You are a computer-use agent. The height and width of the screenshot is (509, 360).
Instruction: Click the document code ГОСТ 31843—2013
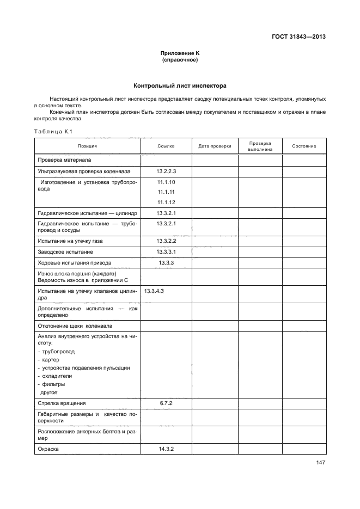click(x=302, y=38)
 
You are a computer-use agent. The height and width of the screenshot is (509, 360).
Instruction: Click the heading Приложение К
click(x=180, y=53)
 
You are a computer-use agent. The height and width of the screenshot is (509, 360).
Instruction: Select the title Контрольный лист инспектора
click(x=180, y=86)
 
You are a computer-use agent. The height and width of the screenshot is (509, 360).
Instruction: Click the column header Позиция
click(x=87, y=146)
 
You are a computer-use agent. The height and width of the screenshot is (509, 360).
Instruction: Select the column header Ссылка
click(x=166, y=146)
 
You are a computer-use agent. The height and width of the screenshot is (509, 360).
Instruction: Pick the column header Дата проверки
click(x=215, y=146)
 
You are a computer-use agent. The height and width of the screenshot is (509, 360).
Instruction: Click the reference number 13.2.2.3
click(x=166, y=171)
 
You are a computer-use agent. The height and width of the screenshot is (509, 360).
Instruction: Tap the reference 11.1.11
click(x=166, y=192)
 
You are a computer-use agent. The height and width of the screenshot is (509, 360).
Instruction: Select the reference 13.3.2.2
click(x=166, y=241)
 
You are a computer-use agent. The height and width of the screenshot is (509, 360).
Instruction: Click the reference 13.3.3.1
click(x=166, y=252)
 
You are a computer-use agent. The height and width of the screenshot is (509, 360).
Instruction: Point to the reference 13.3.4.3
click(x=154, y=292)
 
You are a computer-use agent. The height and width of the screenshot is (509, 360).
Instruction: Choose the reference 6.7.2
click(x=166, y=403)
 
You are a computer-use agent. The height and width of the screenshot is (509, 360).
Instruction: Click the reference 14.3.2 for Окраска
click(x=166, y=449)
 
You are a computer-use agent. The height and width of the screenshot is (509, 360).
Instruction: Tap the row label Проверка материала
click(x=64, y=160)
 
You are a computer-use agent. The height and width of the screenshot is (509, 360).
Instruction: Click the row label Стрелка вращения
click(x=62, y=403)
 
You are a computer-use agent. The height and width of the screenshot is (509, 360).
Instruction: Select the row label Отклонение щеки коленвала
click(x=75, y=326)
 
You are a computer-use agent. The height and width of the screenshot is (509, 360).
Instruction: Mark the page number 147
click(x=320, y=463)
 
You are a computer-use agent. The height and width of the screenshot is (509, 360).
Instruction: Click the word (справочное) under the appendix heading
click(x=180, y=60)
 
